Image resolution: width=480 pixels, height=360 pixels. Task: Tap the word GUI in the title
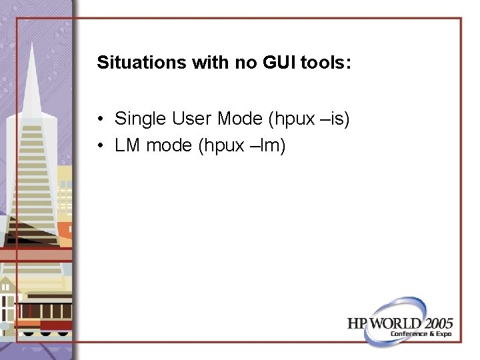274,63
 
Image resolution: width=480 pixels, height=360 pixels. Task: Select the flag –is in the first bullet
333,119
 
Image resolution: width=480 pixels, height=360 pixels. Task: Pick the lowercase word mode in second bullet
169,145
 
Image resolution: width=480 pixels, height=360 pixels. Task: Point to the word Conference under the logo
409,333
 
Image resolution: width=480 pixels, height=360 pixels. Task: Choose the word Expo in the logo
444,333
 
